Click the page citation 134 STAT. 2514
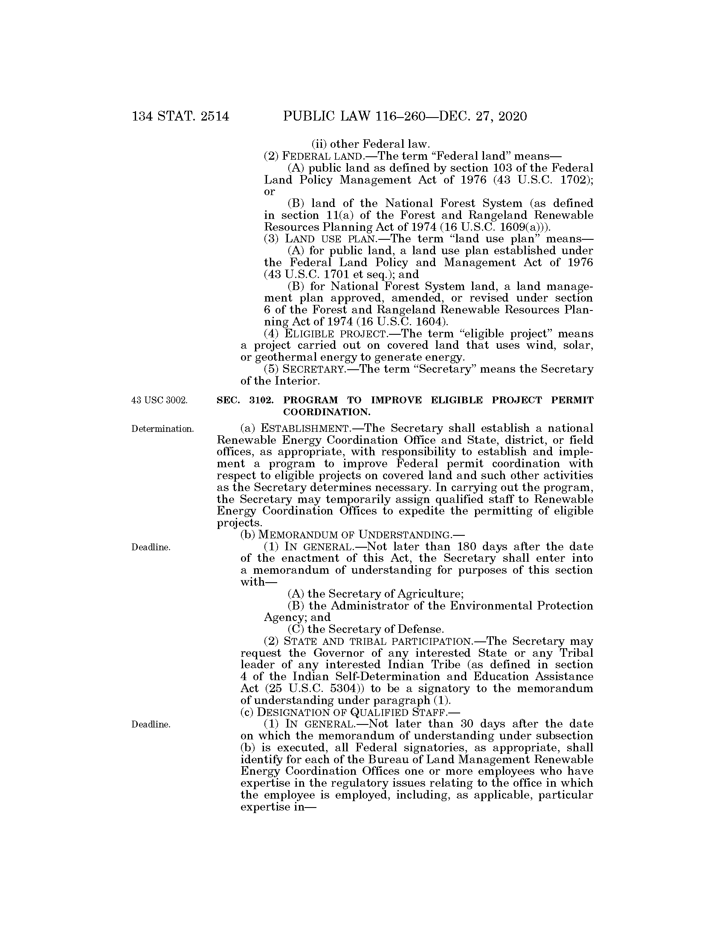(180, 116)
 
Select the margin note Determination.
(162, 428)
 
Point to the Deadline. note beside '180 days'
(151, 547)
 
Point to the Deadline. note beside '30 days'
(151, 724)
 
